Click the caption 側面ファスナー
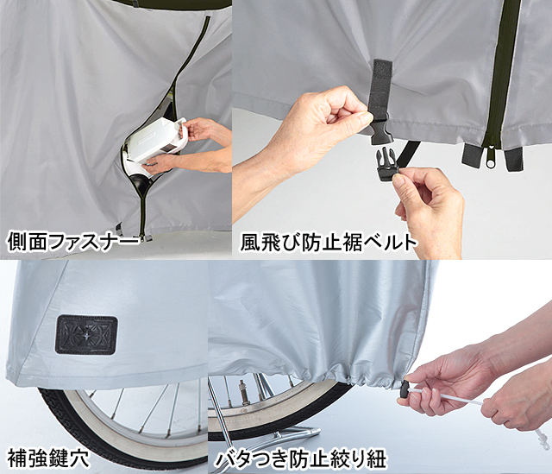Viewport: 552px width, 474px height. tap(72, 241)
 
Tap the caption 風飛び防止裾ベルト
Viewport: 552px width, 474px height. tap(328, 242)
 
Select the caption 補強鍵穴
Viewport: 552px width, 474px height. tap(48, 458)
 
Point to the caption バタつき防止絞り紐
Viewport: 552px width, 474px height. tap(301, 458)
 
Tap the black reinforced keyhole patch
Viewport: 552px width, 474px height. tap(86, 334)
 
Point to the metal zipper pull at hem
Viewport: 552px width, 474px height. tap(491, 159)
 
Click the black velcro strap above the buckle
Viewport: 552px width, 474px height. tap(380, 85)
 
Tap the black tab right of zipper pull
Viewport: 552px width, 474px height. tap(513, 158)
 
